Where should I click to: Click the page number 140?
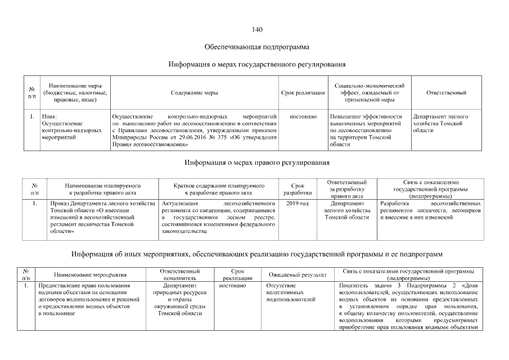[x=257, y=30]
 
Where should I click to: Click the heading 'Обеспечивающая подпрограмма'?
[x=257, y=47]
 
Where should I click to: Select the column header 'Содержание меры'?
[x=195, y=92]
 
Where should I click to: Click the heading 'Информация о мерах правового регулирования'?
[x=257, y=163]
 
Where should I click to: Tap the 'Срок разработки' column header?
[x=296, y=188]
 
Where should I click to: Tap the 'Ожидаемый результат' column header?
[x=298, y=275]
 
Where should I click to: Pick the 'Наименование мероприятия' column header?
[x=90, y=275]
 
